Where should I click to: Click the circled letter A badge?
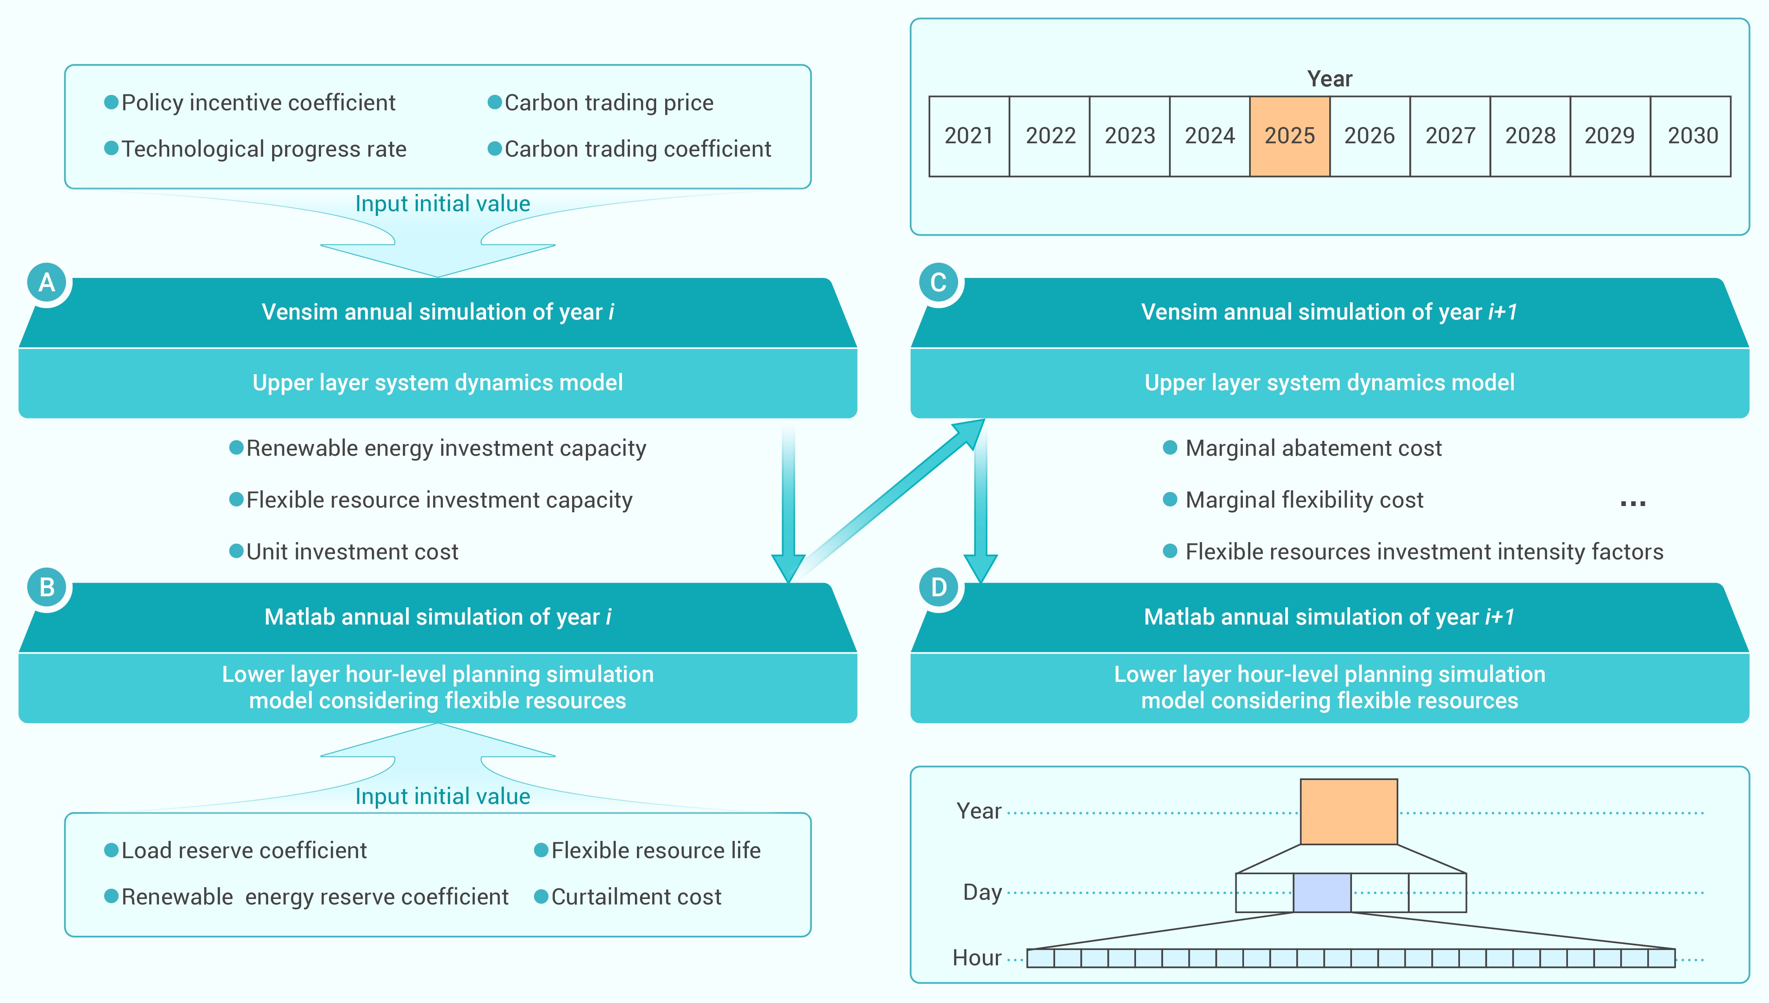point(47,282)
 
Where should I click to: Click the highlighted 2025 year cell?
point(1290,136)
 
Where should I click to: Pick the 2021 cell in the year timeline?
point(969,136)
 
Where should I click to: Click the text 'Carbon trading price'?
point(609,102)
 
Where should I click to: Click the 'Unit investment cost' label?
point(352,552)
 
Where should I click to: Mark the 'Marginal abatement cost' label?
point(1313,448)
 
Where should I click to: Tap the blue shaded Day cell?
point(1322,893)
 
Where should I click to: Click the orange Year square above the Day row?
point(1349,811)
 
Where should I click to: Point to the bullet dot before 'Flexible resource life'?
point(541,850)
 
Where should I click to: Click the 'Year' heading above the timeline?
point(1330,79)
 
